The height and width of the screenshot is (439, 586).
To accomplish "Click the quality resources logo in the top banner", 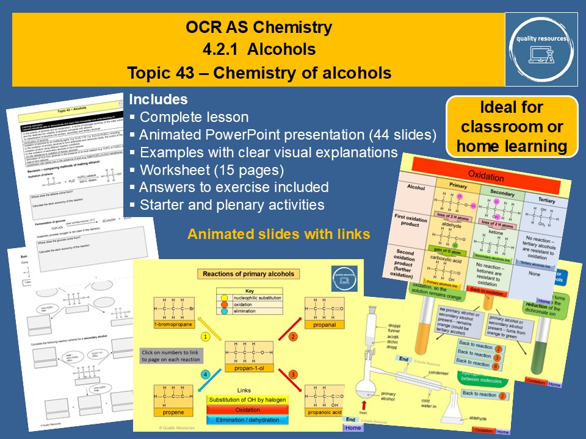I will tap(541, 48).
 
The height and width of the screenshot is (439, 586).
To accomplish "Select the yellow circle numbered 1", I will tap(206, 336).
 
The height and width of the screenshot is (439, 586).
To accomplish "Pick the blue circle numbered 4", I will tap(206, 374).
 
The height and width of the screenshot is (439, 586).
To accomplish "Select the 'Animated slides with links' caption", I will tap(278, 234).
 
